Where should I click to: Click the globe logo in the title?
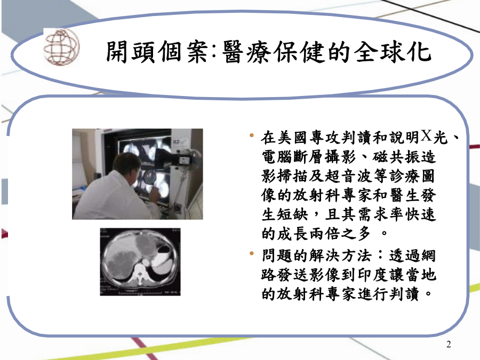[x=61, y=47]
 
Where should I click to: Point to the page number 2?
[x=449, y=345]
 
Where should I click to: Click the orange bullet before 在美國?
[x=252, y=135]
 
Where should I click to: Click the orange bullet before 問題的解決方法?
[x=252, y=253]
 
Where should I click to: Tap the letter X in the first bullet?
[x=426, y=135]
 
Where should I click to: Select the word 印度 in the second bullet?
[x=372, y=275]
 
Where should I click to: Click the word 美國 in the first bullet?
[x=292, y=138]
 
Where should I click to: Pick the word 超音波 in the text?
[x=348, y=176]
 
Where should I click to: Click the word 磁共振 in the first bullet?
[x=396, y=157]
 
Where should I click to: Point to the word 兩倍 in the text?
[x=324, y=234]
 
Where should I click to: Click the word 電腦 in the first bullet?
[x=277, y=157]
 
